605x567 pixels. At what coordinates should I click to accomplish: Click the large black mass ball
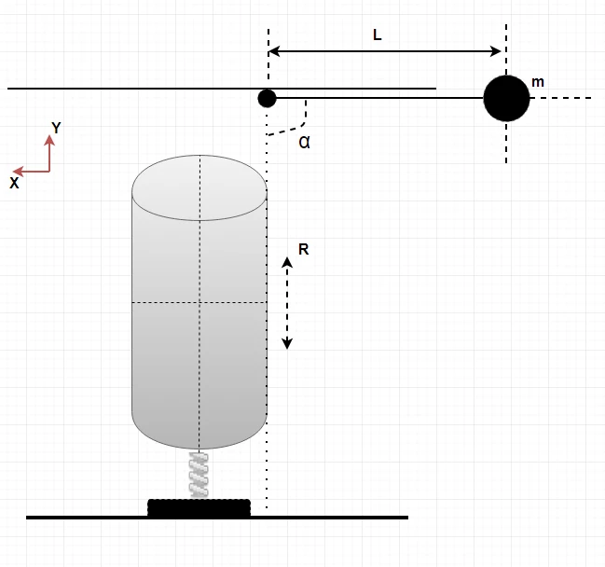point(506,98)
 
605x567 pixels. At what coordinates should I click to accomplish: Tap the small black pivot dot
point(267,98)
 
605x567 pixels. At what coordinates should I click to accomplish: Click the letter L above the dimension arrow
point(377,35)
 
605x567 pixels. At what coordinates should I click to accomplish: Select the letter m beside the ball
point(538,82)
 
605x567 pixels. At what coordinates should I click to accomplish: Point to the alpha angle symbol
point(304,143)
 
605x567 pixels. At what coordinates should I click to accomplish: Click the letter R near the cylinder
point(304,249)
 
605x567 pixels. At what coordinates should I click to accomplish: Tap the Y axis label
point(56,128)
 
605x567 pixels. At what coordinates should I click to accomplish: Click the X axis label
point(14,183)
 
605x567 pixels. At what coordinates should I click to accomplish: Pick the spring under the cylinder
point(199,475)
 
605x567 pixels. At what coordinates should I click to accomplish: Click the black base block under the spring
point(199,507)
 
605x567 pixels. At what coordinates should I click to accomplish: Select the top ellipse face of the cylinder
point(199,188)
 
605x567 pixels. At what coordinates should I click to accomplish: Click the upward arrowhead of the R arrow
point(287,262)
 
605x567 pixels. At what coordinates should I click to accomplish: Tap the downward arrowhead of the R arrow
point(287,343)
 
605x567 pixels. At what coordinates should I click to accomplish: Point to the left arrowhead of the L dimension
point(274,51)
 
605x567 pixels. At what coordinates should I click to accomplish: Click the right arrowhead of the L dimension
point(495,51)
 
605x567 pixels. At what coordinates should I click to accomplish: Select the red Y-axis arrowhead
point(49,140)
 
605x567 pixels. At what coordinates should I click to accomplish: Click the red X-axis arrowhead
point(18,171)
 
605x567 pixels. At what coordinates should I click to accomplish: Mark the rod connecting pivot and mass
point(380,98)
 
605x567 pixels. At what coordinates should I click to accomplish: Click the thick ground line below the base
point(217,518)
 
